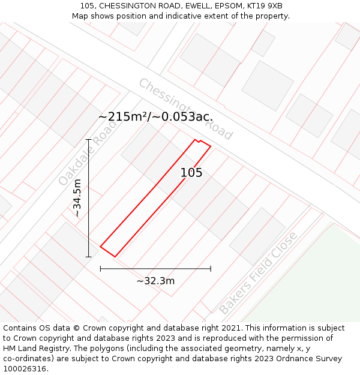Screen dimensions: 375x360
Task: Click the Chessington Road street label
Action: tap(185, 109)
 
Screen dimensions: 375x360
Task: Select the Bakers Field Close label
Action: tap(258, 273)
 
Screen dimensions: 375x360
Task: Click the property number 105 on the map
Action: tap(191, 173)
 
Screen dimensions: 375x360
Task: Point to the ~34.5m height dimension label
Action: tap(77, 198)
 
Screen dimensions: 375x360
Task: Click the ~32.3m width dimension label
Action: tap(155, 281)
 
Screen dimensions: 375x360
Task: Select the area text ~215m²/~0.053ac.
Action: tap(155, 117)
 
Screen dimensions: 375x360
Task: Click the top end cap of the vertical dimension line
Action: tap(88, 139)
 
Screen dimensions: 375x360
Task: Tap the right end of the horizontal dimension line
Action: tap(211, 269)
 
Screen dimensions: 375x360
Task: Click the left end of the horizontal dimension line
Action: tap(100, 269)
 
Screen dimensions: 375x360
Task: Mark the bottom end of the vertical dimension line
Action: tap(88, 257)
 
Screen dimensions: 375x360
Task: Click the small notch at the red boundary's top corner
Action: tap(197, 141)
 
